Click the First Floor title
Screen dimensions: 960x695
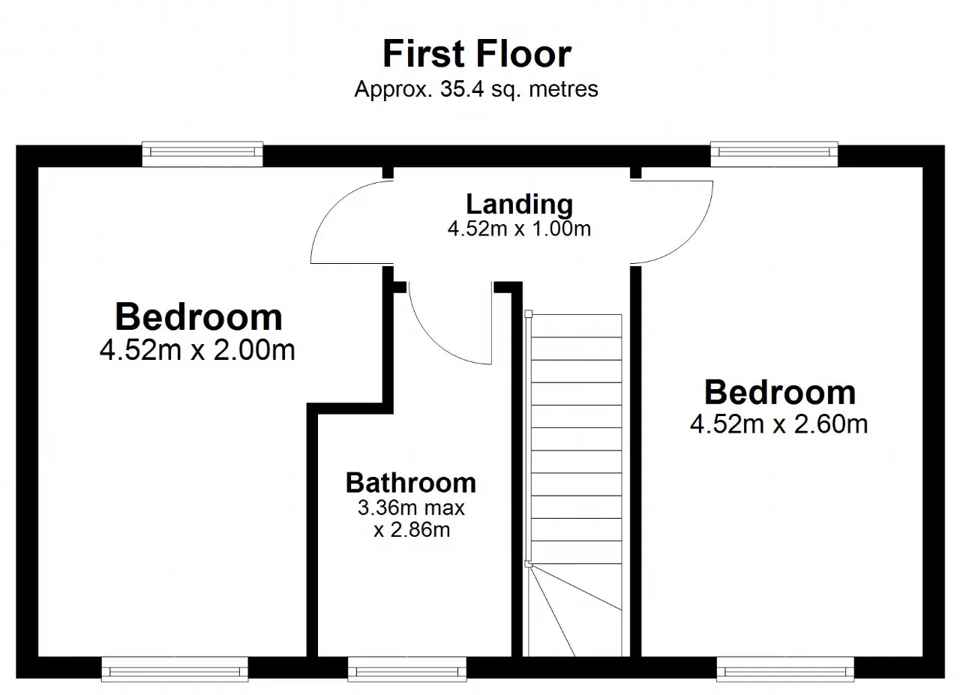click(x=476, y=54)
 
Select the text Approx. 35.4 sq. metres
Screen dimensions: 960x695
click(x=476, y=89)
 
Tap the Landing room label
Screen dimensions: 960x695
click(x=520, y=204)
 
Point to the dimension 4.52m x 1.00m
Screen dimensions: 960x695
click(x=520, y=229)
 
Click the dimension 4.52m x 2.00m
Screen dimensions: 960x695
click(x=197, y=351)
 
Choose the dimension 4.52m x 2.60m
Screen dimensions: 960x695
click(x=778, y=424)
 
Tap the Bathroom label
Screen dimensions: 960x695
click(x=411, y=483)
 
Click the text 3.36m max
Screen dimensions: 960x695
click(x=412, y=508)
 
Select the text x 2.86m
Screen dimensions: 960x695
click(x=412, y=530)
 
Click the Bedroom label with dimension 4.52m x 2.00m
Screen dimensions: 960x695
click(x=199, y=317)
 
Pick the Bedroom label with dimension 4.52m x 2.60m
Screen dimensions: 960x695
click(x=780, y=393)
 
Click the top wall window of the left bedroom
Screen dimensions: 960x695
click(x=202, y=154)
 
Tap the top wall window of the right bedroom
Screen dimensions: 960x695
click(x=774, y=154)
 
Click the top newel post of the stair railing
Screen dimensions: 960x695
click(x=529, y=314)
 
